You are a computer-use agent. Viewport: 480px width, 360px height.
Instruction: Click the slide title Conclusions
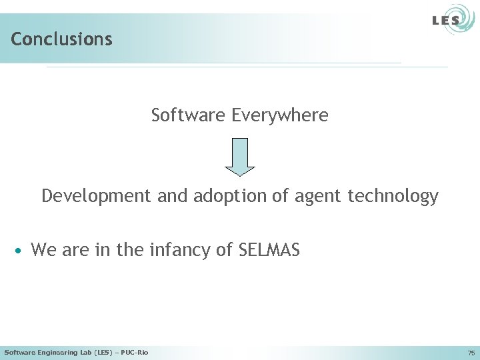[61, 39]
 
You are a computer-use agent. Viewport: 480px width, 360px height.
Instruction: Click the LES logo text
[445, 21]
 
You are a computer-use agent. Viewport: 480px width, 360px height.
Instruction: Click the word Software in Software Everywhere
[189, 115]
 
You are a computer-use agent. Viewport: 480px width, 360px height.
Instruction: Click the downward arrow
[240, 157]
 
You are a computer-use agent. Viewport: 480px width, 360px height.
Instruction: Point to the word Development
[97, 196]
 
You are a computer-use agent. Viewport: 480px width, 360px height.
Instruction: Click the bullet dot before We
[21, 251]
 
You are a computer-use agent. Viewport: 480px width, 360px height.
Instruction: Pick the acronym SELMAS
[269, 250]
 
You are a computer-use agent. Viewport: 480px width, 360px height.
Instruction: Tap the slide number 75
[471, 353]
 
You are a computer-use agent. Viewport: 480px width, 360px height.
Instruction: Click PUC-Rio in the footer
[135, 352]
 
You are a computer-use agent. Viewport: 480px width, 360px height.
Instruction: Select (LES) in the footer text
[103, 352]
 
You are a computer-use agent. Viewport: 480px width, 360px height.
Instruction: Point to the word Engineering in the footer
[56, 352]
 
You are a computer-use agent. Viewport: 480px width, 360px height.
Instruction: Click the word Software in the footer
[19, 352]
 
